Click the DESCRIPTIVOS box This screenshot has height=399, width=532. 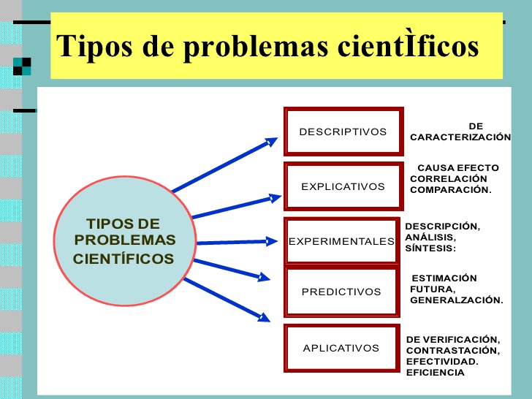click(343, 132)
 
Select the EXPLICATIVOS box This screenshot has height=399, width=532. click(343, 186)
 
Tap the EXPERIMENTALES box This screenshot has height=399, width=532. click(341, 241)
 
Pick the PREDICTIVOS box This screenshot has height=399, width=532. click(341, 292)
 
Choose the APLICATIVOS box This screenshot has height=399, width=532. click(341, 348)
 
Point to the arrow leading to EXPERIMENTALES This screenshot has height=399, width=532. click(237, 242)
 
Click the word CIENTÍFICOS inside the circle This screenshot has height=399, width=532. click(123, 259)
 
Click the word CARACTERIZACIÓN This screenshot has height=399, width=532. click(460, 137)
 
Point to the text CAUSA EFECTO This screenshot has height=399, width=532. click(457, 167)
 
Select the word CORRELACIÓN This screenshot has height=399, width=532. click(448, 178)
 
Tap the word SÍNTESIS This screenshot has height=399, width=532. click(430, 248)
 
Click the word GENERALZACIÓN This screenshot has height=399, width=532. click(456, 300)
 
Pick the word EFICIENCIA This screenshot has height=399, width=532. click(435, 373)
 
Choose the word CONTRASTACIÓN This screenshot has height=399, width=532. click(452, 351)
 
